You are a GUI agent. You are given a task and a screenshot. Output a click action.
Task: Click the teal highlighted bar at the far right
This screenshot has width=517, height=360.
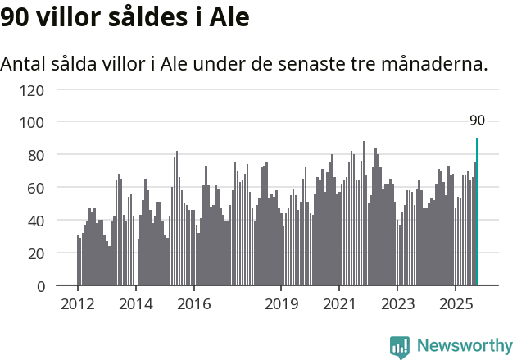pyautogui.click(x=477, y=212)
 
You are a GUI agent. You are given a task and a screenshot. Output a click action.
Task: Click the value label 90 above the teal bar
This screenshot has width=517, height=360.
pyautogui.click(x=477, y=121)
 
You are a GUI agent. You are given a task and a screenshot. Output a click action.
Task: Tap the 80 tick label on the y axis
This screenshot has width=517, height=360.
pyautogui.click(x=35, y=155)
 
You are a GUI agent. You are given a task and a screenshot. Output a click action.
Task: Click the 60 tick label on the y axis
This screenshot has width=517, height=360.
pyautogui.click(x=35, y=188)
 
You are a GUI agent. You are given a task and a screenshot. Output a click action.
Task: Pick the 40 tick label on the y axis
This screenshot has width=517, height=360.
pyautogui.click(x=35, y=221)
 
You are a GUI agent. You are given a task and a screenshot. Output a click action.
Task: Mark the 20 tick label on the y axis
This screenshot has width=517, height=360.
pyautogui.click(x=35, y=253)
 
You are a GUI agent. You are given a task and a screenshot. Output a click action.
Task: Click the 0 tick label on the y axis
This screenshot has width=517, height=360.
pyautogui.click(x=39, y=286)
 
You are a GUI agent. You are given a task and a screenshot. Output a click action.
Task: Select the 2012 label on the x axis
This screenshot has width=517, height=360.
pyautogui.click(x=78, y=305)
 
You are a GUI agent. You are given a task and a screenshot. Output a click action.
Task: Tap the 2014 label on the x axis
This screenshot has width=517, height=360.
pyautogui.click(x=136, y=305)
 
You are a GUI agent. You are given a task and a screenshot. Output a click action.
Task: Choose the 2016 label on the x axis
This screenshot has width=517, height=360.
pyautogui.click(x=193, y=305)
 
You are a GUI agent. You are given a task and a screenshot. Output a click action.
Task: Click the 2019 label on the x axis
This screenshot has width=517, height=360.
pyautogui.click(x=281, y=305)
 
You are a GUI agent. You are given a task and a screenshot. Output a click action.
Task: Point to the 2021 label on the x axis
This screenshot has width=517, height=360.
pyautogui.click(x=338, y=305)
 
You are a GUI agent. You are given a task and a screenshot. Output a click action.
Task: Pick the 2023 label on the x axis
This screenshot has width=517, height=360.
pyautogui.click(x=397, y=305)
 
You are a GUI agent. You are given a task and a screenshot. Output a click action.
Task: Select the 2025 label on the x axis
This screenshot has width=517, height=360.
pyautogui.click(x=455, y=305)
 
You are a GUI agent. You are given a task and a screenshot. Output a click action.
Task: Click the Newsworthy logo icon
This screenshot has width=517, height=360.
pyautogui.click(x=400, y=347)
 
